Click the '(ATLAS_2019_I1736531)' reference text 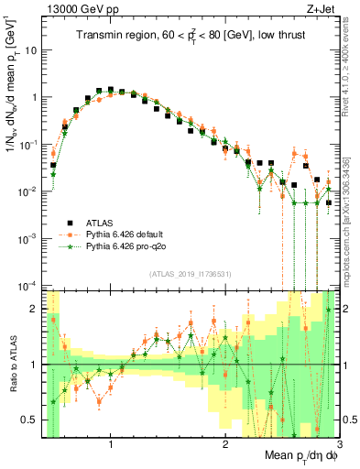point(190,274)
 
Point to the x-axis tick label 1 point(111,445)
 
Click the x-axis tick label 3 point(337,445)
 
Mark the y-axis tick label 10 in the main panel point(31,49)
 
